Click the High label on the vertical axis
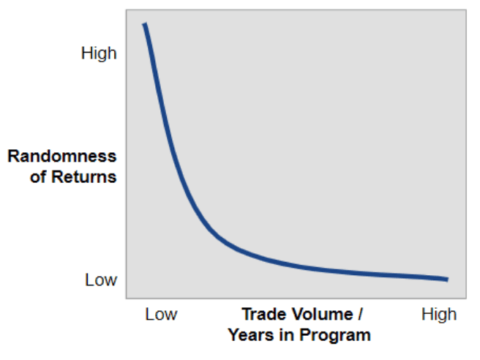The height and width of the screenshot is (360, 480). click(99, 53)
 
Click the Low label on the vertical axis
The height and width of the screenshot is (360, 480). click(101, 280)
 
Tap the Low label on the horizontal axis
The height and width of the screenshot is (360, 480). click(161, 315)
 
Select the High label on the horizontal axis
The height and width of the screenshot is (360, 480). click(439, 315)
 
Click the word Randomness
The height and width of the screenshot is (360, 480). click(62, 156)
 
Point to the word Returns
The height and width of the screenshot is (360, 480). click(84, 177)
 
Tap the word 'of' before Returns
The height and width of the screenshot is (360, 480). click(38, 177)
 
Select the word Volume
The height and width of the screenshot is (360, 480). click(323, 315)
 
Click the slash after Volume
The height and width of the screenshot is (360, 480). click(360, 315)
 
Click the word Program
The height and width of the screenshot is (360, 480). click(335, 336)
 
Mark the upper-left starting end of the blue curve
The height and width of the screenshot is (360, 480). click(145, 23)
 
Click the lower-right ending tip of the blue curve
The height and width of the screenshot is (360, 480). click(448, 280)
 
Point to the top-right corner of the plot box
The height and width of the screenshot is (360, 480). click(466, 10)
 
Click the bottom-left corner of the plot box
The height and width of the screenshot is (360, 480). click(127, 298)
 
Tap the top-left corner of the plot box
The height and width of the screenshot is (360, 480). click(127, 10)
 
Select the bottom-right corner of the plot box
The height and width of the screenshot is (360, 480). click(466, 298)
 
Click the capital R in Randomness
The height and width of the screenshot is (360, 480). click(13, 156)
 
